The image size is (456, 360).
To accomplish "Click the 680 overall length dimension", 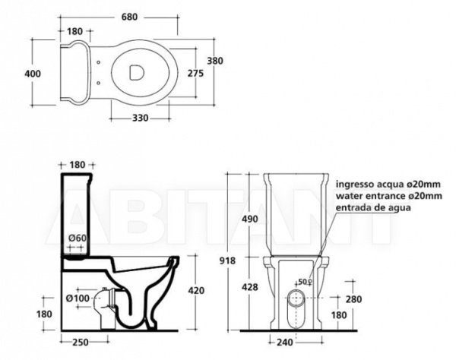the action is pos(129,17).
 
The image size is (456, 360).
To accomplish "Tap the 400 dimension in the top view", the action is pos(33,74).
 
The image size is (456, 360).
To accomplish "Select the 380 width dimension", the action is pos(215,61).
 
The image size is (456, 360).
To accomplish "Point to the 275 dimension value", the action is pos(195,74).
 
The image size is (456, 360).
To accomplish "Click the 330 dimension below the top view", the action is pos(140,118).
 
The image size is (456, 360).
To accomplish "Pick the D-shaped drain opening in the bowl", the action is pos(136,72).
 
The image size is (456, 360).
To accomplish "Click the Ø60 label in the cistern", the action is pos(78,238).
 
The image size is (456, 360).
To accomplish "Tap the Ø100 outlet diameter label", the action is pos(78,298).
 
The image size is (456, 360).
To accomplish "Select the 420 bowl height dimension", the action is pos(196,290).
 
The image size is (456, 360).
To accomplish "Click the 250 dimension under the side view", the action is pos(81,343).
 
